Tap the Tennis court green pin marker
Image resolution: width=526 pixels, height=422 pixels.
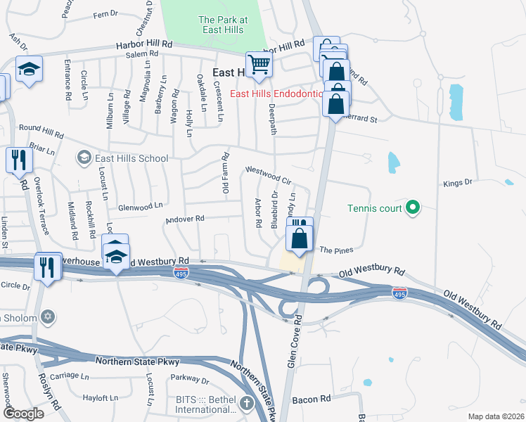pos(413,207)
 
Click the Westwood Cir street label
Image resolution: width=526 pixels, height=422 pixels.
pos(267,175)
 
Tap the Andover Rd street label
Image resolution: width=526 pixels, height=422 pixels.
pos(184,219)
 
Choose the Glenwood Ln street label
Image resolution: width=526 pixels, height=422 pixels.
pos(141,206)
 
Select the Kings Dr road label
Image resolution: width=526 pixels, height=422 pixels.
pos(457,184)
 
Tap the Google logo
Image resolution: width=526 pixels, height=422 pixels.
pos(25,414)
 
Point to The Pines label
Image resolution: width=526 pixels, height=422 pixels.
pos(336,250)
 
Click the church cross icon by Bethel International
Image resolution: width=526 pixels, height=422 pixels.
pos(246,403)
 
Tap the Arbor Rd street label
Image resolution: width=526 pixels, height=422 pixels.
pos(258,213)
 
